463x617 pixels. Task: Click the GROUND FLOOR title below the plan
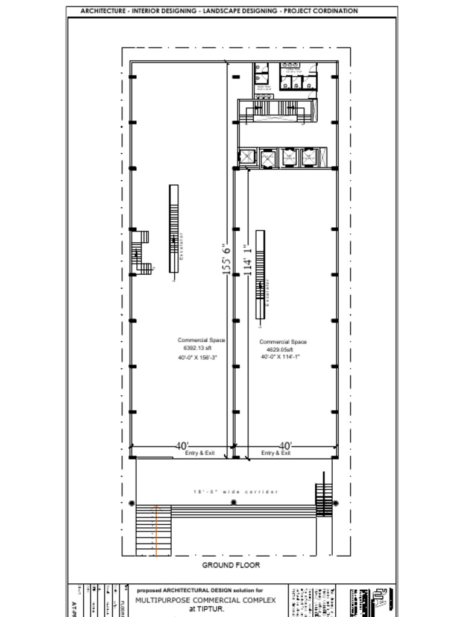coord(231,565)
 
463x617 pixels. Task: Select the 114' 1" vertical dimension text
coord(247,260)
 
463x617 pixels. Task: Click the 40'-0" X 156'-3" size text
coord(197,358)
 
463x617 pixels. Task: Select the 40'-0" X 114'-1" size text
coord(280,357)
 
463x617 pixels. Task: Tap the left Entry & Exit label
coord(200,453)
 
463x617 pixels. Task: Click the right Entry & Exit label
coord(276,453)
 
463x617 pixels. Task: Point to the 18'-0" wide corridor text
coord(236,492)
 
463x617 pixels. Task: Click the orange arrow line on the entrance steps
coord(157,530)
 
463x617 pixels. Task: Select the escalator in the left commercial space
coord(174,233)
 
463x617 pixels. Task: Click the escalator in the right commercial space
coord(260,275)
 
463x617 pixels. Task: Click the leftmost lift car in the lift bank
coord(248,157)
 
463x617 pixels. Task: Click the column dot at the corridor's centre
coord(234,503)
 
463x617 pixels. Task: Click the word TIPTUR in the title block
coord(210,609)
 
